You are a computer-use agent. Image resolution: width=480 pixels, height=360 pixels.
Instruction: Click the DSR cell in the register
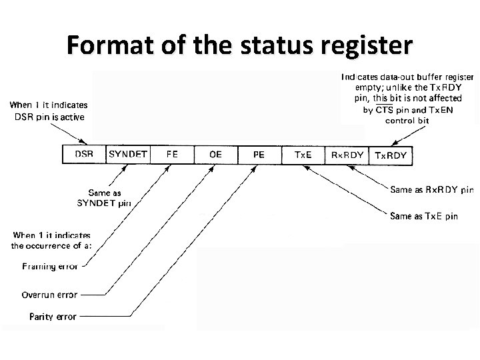point(84,154)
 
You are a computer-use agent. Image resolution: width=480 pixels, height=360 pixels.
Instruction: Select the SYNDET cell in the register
point(127,154)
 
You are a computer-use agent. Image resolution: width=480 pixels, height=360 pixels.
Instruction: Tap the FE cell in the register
point(172,154)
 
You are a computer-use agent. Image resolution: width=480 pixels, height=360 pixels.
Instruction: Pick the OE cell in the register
point(215,155)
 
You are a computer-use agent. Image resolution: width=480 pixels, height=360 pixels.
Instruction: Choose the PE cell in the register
point(259,155)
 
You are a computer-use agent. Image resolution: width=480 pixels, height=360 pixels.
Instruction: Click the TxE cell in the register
point(303,155)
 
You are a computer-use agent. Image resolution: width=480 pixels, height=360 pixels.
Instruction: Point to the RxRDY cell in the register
point(347,155)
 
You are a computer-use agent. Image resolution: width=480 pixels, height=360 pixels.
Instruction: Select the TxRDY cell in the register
point(391,155)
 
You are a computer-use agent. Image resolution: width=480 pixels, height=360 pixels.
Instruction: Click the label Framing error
point(50,267)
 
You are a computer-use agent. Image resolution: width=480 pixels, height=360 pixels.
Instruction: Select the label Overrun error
point(49,295)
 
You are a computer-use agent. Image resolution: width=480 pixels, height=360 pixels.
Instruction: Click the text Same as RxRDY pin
point(432,190)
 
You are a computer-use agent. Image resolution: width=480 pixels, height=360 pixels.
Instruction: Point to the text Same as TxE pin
point(424,216)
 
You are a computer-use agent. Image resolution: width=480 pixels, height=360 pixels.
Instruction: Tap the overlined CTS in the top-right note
point(384,109)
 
